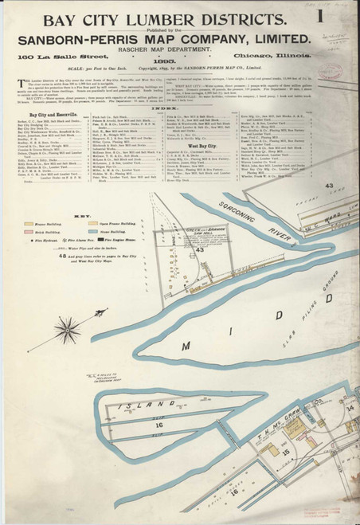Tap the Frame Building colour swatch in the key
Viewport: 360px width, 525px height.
pos(29,214)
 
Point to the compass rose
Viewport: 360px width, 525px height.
pos(70,327)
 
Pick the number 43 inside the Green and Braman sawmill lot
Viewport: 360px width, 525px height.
pos(201,249)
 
